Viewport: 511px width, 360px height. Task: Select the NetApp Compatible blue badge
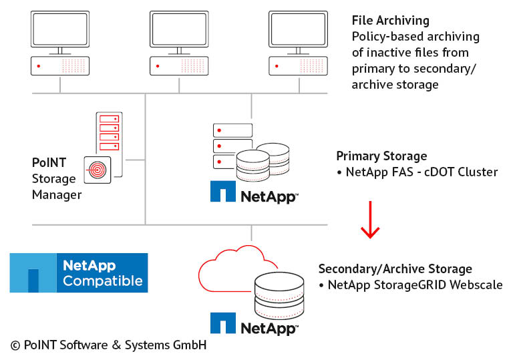click(x=79, y=273)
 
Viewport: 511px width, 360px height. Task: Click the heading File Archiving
click(x=391, y=21)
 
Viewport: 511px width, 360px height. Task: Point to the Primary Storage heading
click(x=381, y=156)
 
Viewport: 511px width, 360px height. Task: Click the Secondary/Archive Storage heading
click(x=395, y=269)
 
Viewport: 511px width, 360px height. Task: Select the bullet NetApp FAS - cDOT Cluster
click(x=421, y=172)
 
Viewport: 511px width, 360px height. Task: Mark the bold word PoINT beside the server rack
click(x=47, y=162)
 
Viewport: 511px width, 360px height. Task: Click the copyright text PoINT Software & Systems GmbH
click(x=108, y=345)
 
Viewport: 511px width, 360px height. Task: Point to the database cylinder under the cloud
click(x=277, y=294)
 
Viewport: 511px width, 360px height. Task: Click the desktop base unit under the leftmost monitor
click(x=60, y=66)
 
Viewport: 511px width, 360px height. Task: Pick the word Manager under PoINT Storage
click(x=57, y=194)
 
